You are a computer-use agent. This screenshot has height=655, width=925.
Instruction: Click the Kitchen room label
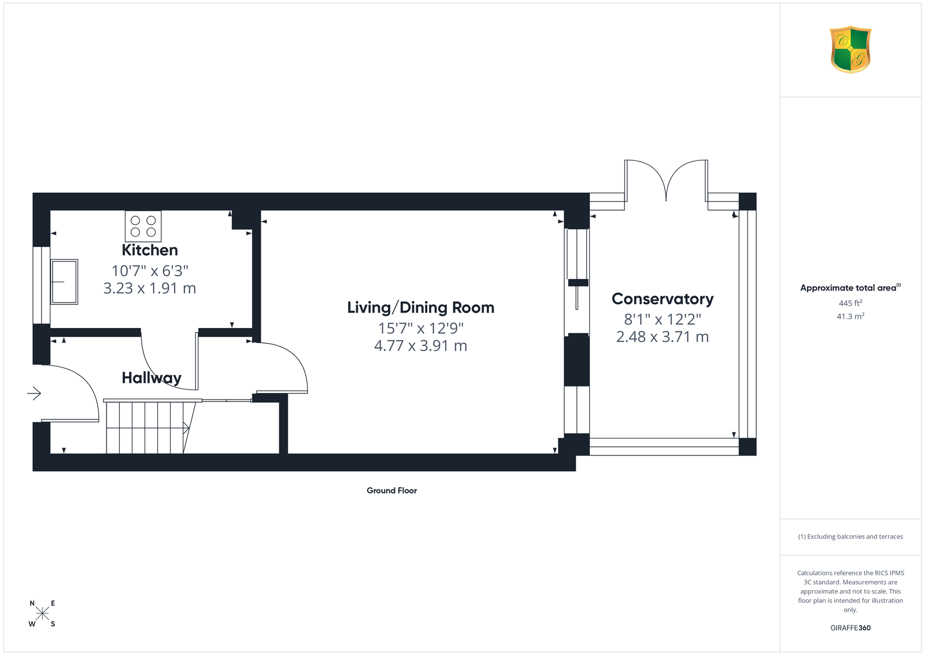(150, 250)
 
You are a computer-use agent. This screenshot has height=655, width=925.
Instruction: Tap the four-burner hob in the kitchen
(143, 226)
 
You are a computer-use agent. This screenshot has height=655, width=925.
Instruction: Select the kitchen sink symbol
(64, 282)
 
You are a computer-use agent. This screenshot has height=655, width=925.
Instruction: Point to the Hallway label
(151, 378)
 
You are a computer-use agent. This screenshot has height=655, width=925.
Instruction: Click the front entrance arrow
(34, 393)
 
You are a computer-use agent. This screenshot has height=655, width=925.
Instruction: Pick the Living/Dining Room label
(420, 307)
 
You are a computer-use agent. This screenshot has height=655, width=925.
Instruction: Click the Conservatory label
(663, 299)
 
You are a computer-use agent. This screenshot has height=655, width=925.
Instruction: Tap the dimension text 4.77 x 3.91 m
(420, 345)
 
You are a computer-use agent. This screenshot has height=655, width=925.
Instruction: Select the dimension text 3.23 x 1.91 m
(150, 288)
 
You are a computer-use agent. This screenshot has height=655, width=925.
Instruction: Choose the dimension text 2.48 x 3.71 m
(663, 337)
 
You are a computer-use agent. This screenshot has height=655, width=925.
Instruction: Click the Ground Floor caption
(391, 491)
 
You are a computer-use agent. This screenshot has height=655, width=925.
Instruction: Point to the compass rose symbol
(42, 614)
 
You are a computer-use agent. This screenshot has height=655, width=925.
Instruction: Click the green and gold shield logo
(850, 50)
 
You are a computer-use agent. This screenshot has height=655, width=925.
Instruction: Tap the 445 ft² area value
(850, 303)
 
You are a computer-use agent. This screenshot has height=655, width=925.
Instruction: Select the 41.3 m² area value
(850, 316)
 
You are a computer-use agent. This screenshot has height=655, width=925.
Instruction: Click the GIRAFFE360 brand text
(850, 628)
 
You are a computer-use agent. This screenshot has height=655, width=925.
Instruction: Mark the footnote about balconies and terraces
(850, 536)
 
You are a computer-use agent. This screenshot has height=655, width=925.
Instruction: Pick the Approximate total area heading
(850, 288)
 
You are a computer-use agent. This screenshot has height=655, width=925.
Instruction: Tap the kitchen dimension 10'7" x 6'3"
(150, 271)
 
